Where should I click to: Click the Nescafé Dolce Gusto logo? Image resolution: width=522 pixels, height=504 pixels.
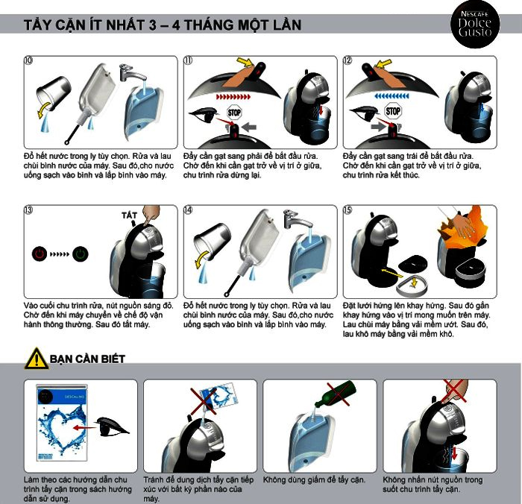(x=475, y=24)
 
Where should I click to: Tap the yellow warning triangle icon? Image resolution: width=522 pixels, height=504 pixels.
(x=36, y=359)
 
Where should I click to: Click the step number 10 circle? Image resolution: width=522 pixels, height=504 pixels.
(x=28, y=60)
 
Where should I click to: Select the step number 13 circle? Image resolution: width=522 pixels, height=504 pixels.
(x=28, y=210)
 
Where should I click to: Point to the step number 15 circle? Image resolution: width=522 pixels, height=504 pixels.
(x=348, y=210)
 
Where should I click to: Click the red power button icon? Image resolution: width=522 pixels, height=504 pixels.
(x=40, y=254)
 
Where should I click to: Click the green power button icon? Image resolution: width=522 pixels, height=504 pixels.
(x=81, y=254)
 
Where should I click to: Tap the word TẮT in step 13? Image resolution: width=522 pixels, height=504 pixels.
(x=129, y=215)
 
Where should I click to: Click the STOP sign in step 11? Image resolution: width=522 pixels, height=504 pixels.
(x=234, y=113)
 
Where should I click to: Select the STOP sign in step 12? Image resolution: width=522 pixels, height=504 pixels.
(x=393, y=111)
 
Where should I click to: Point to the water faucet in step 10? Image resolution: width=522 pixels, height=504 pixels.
(x=132, y=73)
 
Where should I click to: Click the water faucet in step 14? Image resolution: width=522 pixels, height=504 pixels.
(x=296, y=219)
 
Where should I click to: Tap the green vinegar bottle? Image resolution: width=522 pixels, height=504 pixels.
(x=336, y=393)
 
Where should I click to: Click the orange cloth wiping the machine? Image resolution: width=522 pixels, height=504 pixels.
(x=463, y=228)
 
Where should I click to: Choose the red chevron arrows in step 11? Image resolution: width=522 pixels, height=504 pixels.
(x=233, y=97)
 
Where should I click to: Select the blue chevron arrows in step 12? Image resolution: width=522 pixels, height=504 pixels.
(x=391, y=96)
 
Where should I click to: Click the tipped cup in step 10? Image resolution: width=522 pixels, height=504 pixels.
(x=53, y=93)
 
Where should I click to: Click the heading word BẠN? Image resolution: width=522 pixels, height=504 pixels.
(x=60, y=359)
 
